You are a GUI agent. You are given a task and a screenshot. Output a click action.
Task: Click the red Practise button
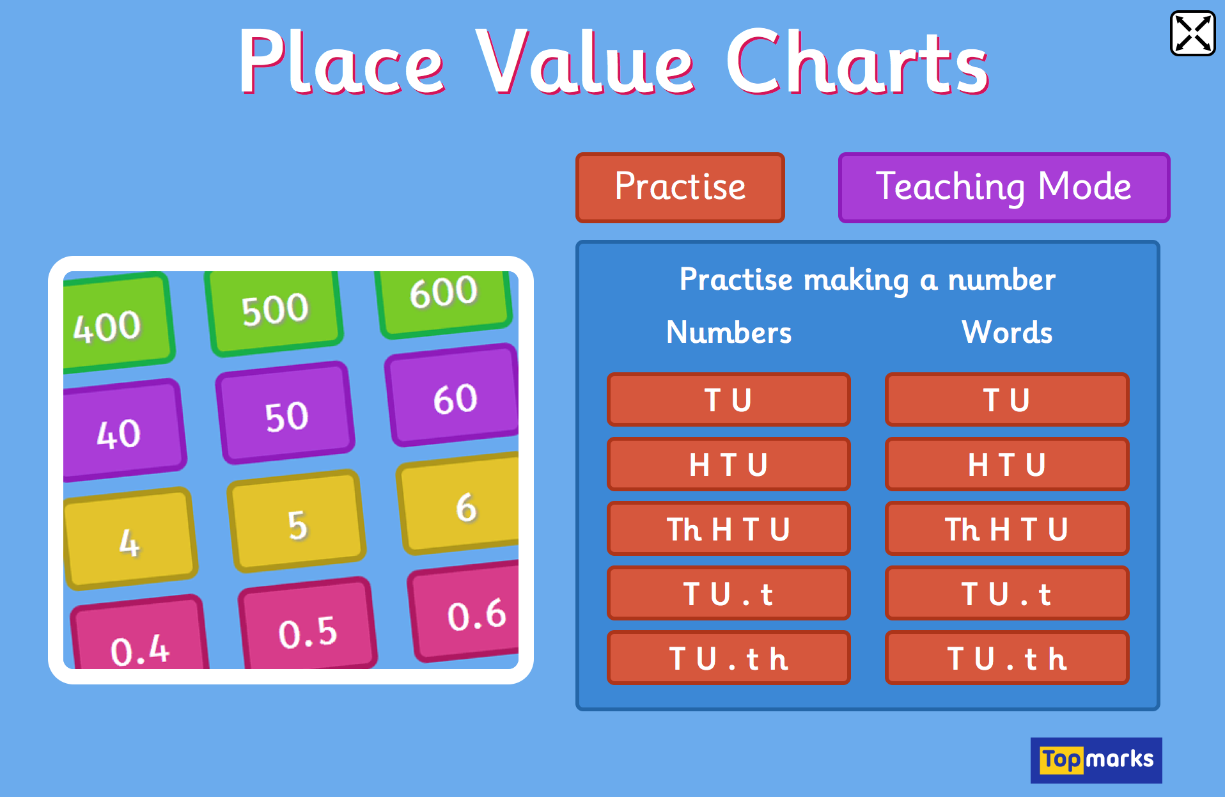[680, 187]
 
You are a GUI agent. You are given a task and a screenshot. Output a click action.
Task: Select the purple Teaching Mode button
[1004, 187]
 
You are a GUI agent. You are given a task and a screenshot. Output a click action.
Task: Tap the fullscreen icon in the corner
[1192, 33]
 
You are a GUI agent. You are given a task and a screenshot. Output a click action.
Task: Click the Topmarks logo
[1096, 760]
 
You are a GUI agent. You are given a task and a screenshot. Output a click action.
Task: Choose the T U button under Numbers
[728, 400]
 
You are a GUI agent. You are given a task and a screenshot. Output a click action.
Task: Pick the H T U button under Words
[1007, 464]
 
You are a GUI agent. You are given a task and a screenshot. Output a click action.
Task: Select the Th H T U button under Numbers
[728, 529]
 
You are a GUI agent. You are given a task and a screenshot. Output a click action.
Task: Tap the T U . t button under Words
[1007, 594]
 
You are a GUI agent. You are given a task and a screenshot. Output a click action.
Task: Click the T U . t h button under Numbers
[728, 658]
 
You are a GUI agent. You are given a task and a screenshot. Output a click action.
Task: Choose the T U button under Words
[1007, 400]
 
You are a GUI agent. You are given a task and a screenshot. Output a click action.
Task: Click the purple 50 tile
[285, 413]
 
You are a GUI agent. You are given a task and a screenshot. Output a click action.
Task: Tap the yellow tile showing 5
[297, 521]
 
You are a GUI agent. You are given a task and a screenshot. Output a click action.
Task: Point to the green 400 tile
[115, 323]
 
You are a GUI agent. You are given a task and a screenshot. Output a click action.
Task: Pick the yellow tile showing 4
[130, 539]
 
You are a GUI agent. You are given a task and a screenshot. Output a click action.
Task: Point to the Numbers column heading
[729, 332]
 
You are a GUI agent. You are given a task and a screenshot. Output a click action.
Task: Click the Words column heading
[1007, 332]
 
